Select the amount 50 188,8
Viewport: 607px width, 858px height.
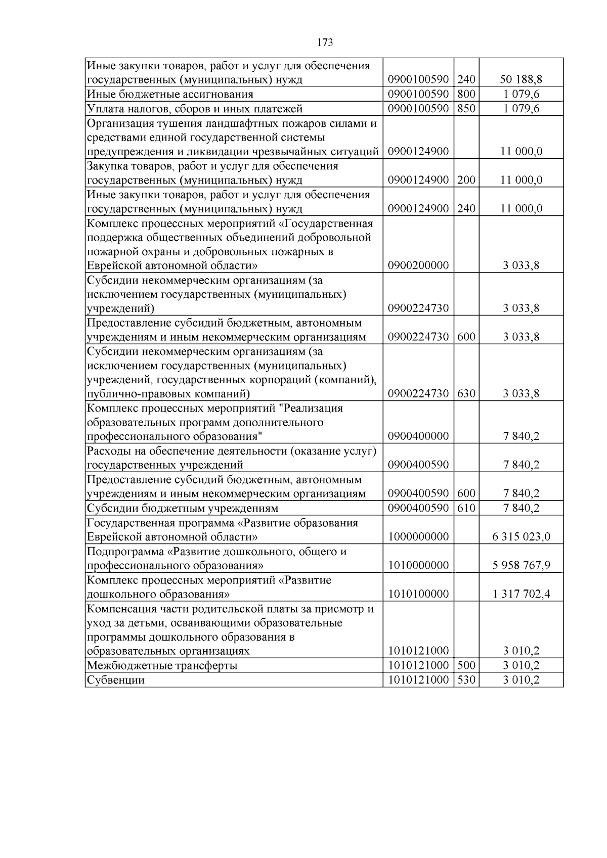pos(521,80)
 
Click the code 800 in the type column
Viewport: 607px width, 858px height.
pos(466,94)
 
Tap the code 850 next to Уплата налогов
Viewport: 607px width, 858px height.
pos(466,109)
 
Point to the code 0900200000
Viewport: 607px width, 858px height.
pos(418,265)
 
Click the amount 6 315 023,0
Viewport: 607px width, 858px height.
pos(521,537)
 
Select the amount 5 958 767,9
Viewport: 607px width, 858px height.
pos(521,565)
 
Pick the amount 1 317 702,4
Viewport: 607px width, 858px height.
pos(521,594)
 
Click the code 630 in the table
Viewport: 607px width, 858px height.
pos(466,393)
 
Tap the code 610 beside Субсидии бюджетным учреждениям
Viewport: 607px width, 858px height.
pos(466,508)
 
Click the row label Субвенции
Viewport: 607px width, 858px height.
pos(116,680)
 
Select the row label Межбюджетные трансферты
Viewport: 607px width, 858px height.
pos(162,665)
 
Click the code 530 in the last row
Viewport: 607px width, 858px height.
pos(466,680)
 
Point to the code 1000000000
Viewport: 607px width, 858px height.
pos(418,537)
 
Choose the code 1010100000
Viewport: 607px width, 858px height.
pos(418,594)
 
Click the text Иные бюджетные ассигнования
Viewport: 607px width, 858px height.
pos(170,94)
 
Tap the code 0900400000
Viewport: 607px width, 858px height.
pos(418,436)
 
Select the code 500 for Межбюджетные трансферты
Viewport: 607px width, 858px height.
pos(466,665)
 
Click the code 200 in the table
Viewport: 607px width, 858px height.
pos(466,180)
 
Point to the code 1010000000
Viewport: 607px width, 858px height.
pos(418,565)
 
